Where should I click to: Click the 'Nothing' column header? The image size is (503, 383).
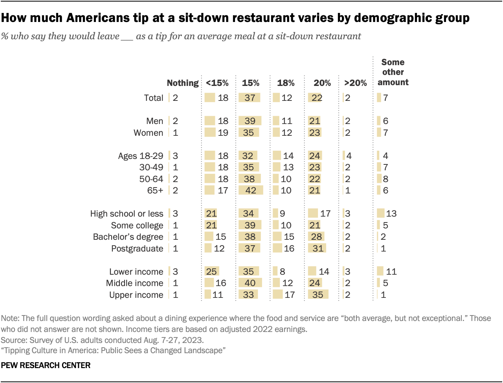[183, 83]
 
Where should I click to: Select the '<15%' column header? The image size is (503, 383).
[217, 83]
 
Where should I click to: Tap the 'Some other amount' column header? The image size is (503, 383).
[393, 72]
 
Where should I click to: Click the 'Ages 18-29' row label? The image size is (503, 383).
[140, 156]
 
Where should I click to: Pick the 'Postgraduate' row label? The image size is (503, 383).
[137, 248]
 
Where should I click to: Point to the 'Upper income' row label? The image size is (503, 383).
[136, 295]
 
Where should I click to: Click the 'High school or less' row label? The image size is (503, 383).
[127, 213]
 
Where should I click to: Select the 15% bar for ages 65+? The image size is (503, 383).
[251, 190]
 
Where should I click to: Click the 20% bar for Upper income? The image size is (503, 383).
[318, 295]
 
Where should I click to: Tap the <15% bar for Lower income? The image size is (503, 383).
[212, 272]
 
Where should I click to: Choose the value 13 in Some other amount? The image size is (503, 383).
[391, 213]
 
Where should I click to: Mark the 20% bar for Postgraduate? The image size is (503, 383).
[317, 248]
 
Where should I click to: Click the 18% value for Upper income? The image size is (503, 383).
[290, 295]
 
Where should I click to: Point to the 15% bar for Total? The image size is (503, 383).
[249, 98]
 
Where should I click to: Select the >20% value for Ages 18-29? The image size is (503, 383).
[349, 156]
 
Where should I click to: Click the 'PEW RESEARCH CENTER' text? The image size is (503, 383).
[46, 365]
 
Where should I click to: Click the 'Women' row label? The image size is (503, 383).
[148, 133]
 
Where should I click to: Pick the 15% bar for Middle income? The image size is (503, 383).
[250, 283]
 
